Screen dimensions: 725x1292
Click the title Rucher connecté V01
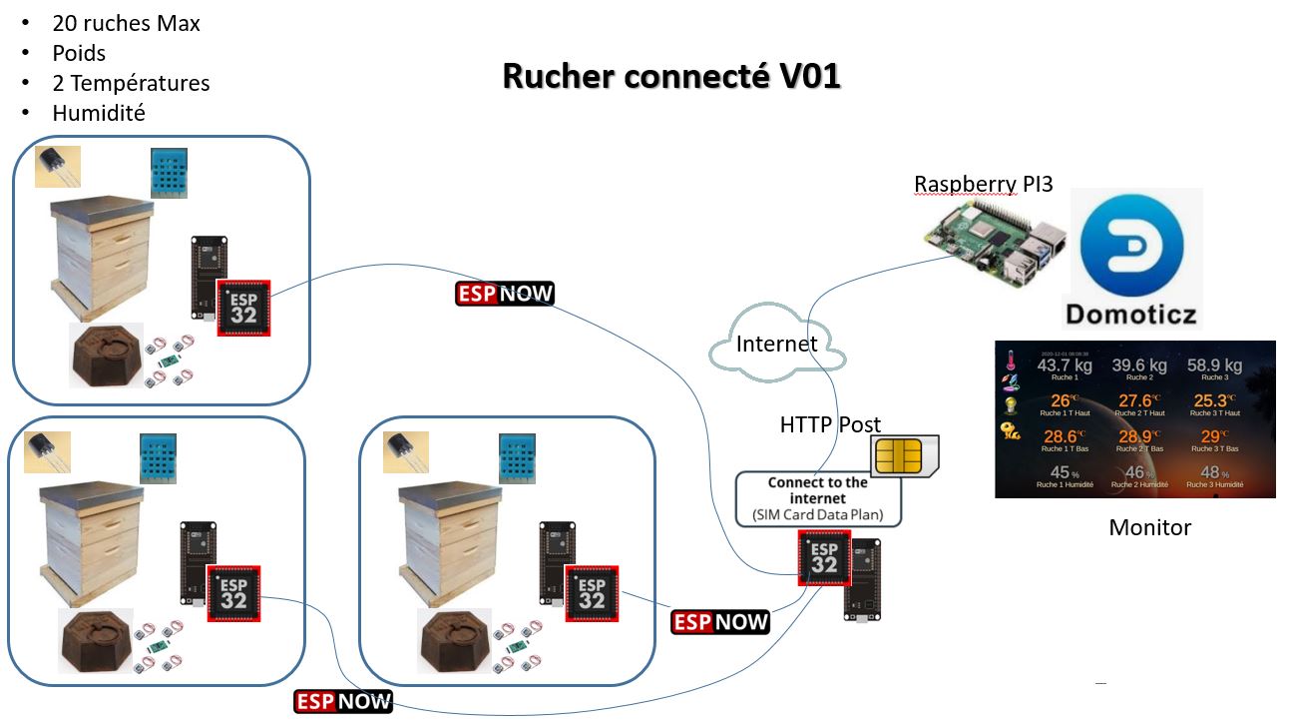[671, 77]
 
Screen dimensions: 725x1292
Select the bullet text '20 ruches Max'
[126, 23]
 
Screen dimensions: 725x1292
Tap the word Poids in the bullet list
[79, 53]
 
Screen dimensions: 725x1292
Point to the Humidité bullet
[99, 113]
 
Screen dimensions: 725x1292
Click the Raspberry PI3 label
[984, 184]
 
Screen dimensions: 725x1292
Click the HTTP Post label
[830, 425]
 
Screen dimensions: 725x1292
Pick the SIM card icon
[904, 456]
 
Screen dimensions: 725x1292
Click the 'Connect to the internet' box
[818, 498]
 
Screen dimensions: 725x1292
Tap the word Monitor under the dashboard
[1149, 527]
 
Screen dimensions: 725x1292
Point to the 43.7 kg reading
[1065, 365]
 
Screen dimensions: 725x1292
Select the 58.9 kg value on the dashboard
[1214, 365]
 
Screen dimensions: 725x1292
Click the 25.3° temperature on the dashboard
[1213, 401]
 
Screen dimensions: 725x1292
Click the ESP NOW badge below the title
[505, 294]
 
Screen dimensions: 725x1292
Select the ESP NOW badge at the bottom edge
[344, 701]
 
